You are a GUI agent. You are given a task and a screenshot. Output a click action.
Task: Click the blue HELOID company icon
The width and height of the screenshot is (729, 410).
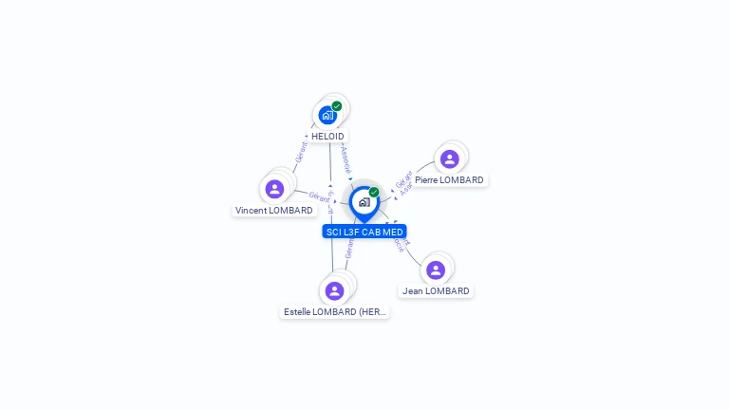coord(327,116)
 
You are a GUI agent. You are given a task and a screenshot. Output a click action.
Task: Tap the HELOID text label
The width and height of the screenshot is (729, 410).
coord(327,137)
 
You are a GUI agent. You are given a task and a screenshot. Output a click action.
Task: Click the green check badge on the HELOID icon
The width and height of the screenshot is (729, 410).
coord(337,106)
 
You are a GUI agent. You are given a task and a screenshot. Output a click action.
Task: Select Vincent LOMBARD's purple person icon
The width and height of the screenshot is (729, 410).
coord(274,189)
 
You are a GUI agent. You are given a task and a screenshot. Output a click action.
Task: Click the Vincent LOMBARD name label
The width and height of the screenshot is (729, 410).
coord(273,211)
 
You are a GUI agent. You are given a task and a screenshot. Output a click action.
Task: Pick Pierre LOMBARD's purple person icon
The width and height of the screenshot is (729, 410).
coord(449,158)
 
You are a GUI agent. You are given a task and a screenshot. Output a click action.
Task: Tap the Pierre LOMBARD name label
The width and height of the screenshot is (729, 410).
coord(449,180)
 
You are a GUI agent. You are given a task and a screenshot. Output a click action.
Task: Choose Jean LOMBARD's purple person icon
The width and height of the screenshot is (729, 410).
coord(436,270)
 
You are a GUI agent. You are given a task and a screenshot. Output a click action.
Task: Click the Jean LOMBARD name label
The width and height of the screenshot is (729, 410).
coord(436,291)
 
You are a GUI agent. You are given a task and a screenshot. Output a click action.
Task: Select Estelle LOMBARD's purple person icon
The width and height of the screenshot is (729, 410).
coord(334,290)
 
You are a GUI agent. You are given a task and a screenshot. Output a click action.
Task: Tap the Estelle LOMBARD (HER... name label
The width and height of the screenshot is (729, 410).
coord(335,312)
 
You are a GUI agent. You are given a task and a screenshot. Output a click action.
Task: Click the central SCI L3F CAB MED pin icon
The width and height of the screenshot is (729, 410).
coord(364,202)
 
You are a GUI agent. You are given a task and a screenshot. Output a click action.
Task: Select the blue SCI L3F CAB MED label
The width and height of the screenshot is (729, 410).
coord(364,233)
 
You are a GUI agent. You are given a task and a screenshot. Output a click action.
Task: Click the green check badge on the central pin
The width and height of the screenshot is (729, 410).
coord(374,193)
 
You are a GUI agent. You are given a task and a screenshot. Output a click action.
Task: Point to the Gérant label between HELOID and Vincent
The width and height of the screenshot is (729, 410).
coord(301,152)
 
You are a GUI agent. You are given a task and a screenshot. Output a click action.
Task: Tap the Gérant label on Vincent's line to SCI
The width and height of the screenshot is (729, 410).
coord(319,197)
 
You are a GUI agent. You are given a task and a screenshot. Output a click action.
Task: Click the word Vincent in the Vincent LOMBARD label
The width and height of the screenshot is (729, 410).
coord(252,211)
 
